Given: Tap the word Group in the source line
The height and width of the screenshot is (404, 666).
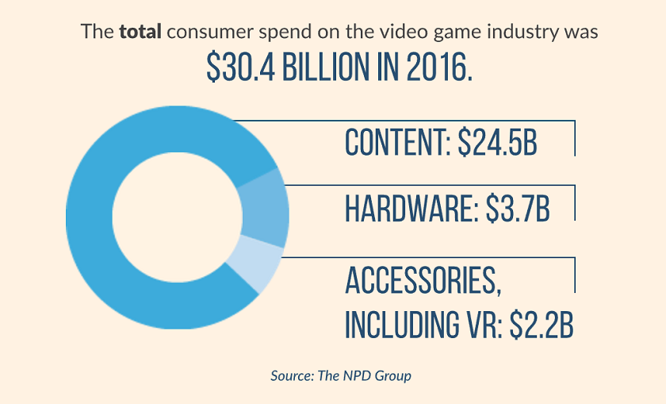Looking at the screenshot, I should [393, 375].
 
